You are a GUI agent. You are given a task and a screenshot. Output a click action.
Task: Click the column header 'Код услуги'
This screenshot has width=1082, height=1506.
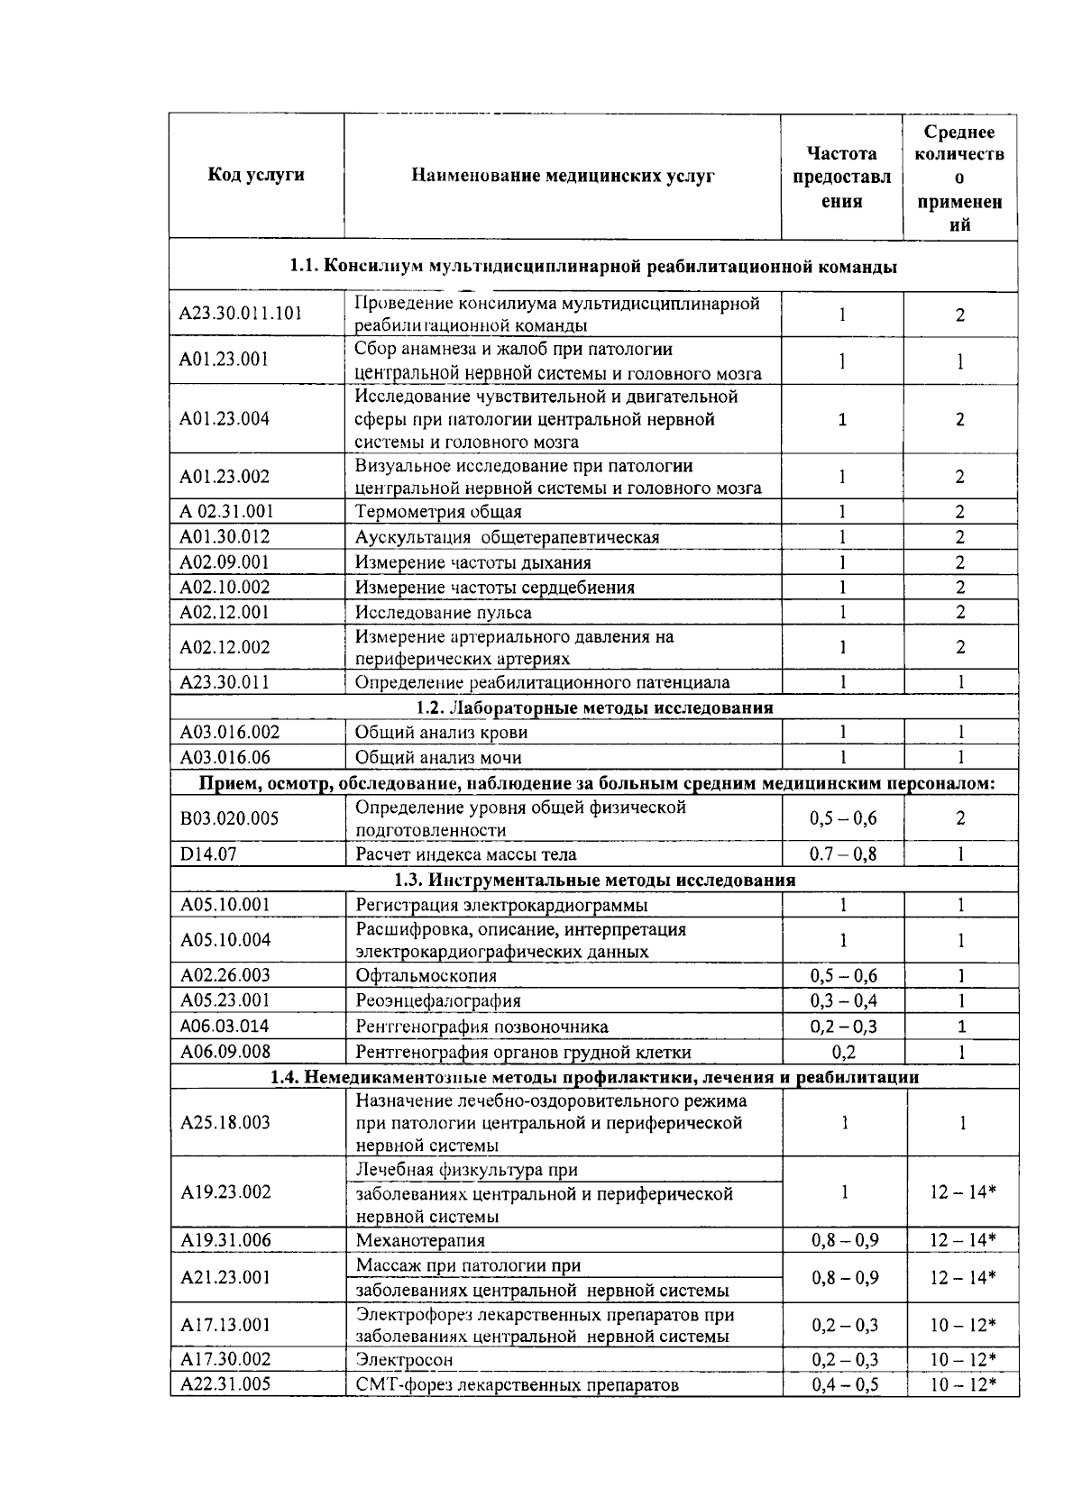pyautogui.click(x=256, y=175)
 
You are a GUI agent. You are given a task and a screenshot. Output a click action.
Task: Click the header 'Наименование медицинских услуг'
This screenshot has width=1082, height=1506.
pyautogui.click(x=563, y=176)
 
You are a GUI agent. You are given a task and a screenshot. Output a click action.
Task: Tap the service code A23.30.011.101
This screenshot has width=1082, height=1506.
pyautogui.click(x=240, y=314)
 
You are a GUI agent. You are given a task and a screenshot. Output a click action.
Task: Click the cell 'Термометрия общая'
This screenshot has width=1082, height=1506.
pyautogui.click(x=438, y=512)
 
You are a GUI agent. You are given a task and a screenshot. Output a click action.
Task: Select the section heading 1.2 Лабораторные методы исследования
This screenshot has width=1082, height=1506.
pyautogui.click(x=594, y=707)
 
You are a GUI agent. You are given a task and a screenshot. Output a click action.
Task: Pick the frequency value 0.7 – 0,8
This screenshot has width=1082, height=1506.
pyautogui.click(x=843, y=853)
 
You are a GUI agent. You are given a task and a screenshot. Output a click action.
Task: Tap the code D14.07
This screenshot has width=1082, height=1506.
pyautogui.click(x=208, y=853)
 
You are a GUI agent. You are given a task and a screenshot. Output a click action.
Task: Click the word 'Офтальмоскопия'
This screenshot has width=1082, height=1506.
pyautogui.click(x=426, y=975)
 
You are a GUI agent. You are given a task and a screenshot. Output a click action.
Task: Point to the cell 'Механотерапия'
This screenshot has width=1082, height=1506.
pyautogui.click(x=420, y=1240)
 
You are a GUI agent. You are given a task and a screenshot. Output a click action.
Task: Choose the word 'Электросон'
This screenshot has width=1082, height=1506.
pyautogui.click(x=404, y=1360)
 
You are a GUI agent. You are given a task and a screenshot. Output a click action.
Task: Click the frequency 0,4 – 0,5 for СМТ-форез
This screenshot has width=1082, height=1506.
pyautogui.click(x=845, y=1384)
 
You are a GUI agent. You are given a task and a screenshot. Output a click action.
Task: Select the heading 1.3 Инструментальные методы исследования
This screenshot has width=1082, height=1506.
pyautogui.click(x=594, y=880)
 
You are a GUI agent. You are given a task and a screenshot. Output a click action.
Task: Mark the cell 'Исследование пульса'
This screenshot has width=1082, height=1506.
pyautogui.click(x=443, y=613)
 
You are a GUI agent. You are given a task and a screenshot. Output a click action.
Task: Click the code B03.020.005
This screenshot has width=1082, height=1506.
pyautogui.click(x=229, y=818)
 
